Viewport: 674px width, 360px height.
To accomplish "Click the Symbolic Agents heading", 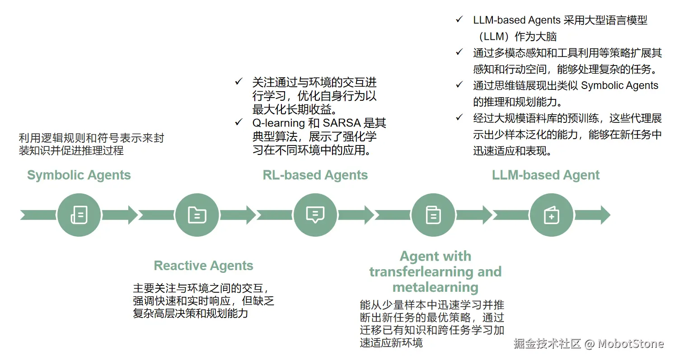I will (x=79, y=175).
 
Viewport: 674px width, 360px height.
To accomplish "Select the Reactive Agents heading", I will (x=203, y=266).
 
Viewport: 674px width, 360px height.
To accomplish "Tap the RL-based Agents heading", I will (x=315, y=175).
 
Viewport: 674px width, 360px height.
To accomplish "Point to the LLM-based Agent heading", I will (x=546, y=175).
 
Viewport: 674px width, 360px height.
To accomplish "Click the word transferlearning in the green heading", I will (x=415, y=272).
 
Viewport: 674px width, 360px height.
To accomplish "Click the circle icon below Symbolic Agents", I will (x=79, y=215).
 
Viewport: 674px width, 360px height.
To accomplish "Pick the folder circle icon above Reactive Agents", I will (x=197, y=215).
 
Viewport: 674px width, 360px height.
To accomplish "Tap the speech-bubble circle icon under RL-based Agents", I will (x=315, y=215).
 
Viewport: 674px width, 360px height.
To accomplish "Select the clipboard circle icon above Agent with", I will (x=433, y=215).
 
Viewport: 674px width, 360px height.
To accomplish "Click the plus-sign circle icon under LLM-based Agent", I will (x=551, y=215).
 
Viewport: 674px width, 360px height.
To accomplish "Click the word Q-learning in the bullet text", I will (x=279, y=123).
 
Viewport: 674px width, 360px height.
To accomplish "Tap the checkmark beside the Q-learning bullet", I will (x=239, y=122).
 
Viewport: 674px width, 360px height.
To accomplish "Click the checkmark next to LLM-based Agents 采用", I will (x=459, y=19).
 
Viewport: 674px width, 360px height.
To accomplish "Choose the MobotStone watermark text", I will (x=631, y=344).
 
